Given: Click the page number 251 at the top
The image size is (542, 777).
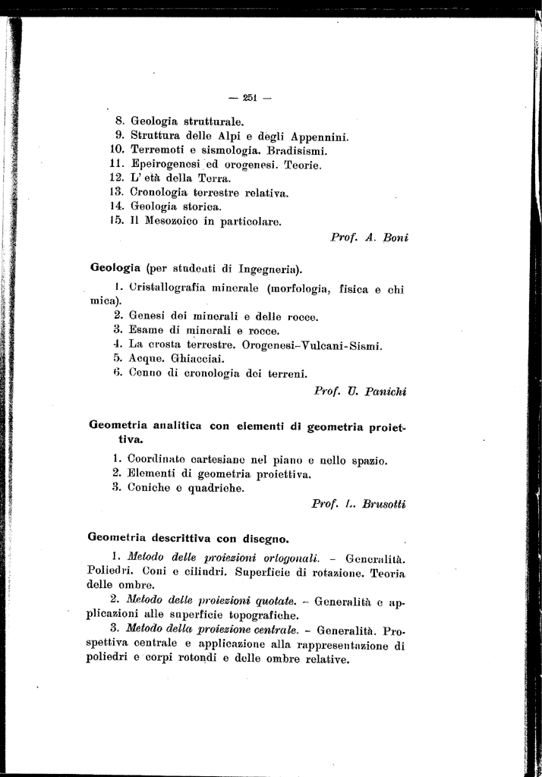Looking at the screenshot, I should click(x=251, y=97).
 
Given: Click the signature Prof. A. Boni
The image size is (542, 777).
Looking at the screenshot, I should click(x=370, y=238).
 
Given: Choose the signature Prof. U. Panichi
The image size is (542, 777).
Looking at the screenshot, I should click(x=361, y=392).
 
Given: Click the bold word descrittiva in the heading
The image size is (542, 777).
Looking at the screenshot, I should click(x=182, y=539).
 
